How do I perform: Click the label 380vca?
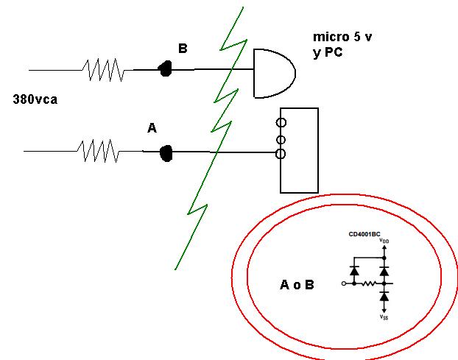click(35, 99)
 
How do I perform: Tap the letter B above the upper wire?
click(183, 48)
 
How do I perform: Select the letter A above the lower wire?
click(152, 128)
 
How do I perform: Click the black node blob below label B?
click(165, 68)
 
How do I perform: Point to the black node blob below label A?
click(166, 153)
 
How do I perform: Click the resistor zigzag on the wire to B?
click(104, 70)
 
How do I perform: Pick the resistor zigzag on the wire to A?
click(99, 151)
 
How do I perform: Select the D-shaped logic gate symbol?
click(275, 74)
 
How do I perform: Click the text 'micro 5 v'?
click(342, 37)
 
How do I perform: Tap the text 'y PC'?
click(328, 52)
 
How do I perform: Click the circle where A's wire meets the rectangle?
click(281, 154)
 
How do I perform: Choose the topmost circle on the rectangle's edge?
click(281, 122)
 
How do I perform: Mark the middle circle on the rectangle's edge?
click(281, 140)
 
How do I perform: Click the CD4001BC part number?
click(364, 234)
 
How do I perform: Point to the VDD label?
click(384, 241)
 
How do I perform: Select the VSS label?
click(384, 317)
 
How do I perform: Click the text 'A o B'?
click(297, 285)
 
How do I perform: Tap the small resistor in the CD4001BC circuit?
click(369, 283)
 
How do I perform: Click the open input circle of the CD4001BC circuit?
click(344, 283)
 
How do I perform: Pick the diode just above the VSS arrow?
click(384, 297)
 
